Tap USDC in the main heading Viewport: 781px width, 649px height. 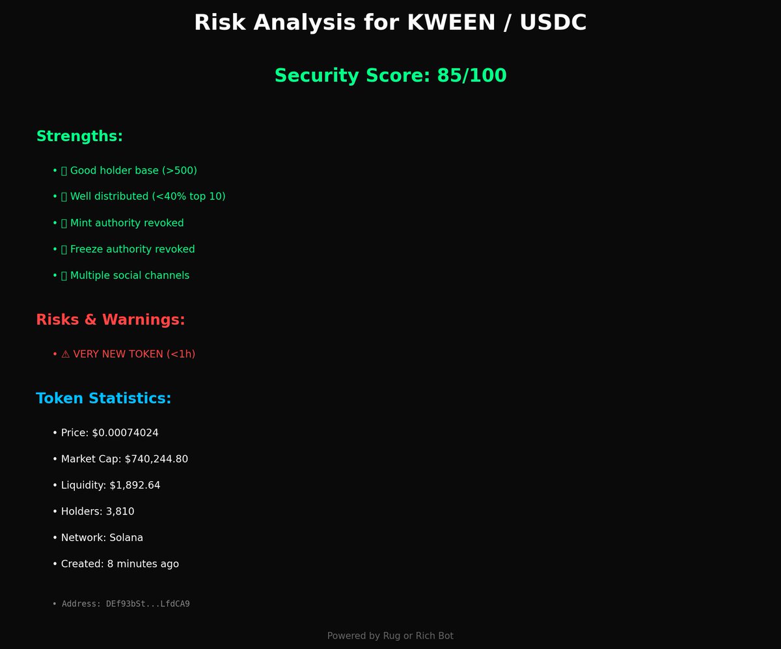point(554,23)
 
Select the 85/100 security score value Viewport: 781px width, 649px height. point(471,75)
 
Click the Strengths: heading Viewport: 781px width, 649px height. point(79,137)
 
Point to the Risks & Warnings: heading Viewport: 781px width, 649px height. point(111,320)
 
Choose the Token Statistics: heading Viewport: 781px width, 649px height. point(103,399)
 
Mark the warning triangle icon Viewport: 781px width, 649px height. point(65,354)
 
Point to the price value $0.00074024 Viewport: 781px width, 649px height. point(125,433)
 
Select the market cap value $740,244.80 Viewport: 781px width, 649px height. point(156,459)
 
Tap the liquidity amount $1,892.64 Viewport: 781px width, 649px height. point(135,485)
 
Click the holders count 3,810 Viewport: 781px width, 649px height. point(120,512)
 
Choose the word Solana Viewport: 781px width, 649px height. point(126,538)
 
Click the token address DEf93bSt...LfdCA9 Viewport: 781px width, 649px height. point(148,604)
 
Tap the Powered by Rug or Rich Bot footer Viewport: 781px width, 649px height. point(390,636)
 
